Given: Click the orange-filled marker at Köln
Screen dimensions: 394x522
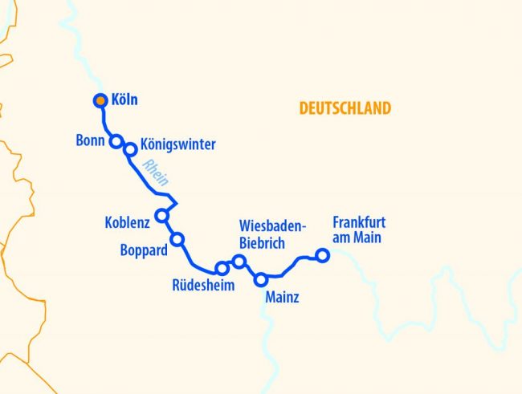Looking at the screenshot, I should coord(100,100).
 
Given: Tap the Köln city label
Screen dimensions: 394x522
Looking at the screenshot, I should coord(125,100).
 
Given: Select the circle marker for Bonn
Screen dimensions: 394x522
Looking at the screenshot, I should coord(116,141).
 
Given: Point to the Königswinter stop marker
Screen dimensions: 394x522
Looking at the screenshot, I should coord(130,148).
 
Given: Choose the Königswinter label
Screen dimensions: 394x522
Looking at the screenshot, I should coord(178,145).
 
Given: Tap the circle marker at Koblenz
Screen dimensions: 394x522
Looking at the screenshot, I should coord(162,215).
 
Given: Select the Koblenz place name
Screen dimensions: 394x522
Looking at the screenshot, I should coord(128,221).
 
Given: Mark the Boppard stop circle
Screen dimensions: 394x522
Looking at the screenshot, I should coord(177,238).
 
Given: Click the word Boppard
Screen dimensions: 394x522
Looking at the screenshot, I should coord(144,250).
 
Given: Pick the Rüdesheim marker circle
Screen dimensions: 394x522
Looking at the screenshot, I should coord(222,268).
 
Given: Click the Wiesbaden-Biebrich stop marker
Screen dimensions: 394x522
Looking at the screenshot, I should coord(239,261).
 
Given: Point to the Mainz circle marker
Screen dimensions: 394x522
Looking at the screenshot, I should coord(260,279).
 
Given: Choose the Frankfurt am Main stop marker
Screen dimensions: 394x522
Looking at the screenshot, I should coord(322,255).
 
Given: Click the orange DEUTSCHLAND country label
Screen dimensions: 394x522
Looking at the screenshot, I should coord(345,108).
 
